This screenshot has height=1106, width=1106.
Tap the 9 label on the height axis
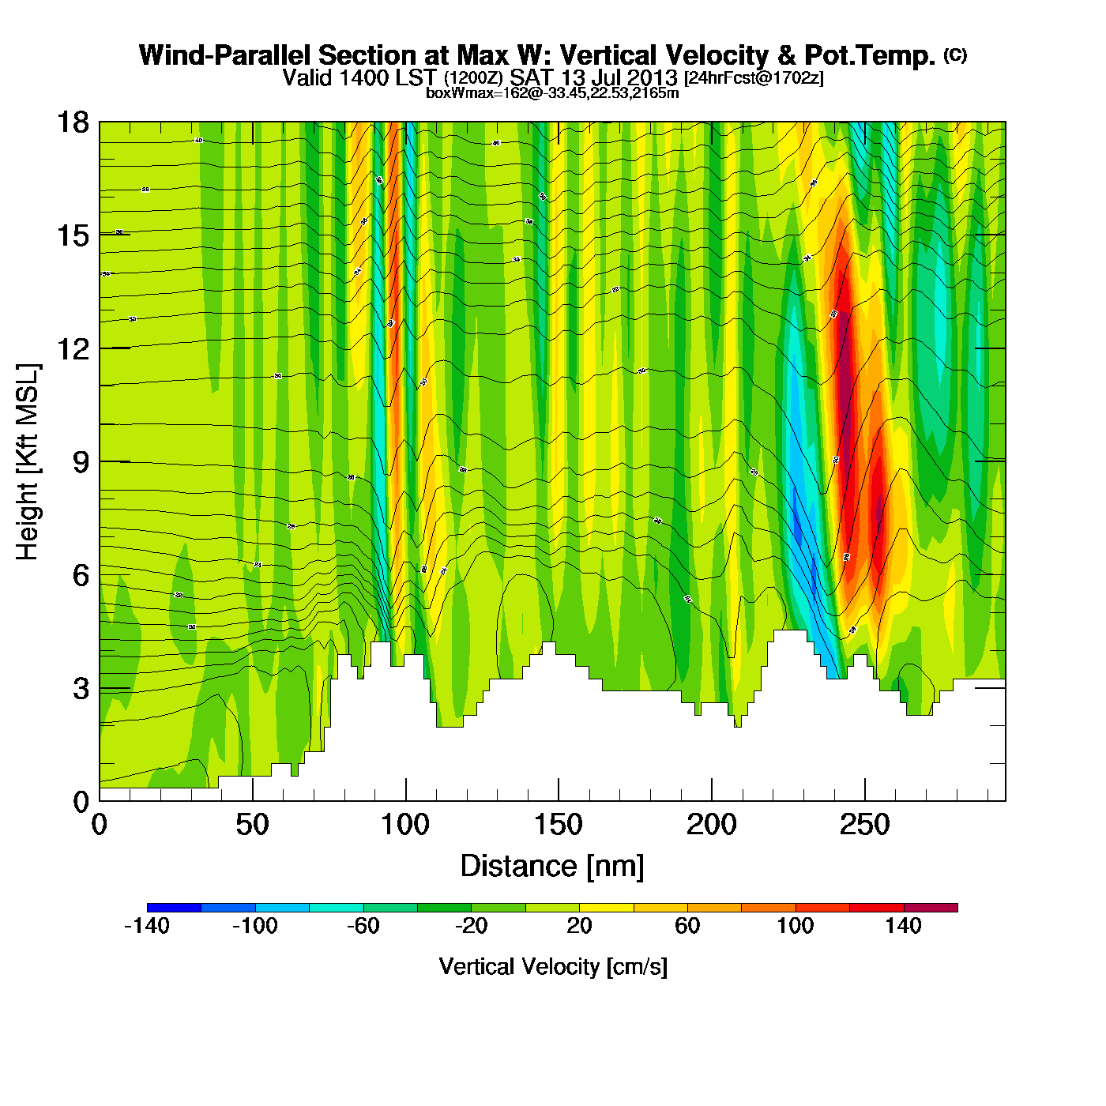pos(81,462)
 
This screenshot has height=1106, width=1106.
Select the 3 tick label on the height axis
pos(81,689)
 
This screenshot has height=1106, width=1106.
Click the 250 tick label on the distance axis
pos(864,826)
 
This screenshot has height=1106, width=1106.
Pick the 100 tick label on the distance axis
pos(405,826)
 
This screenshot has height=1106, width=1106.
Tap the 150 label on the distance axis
pos(559,826)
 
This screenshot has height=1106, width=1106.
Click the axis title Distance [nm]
pos(552,867)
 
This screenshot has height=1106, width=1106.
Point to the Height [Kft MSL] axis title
pos(28,462)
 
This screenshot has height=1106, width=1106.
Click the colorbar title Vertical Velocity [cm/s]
pos(553,967)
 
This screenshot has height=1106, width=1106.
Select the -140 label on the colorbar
pos(147,926)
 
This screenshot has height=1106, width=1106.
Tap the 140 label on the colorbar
pos(903,926)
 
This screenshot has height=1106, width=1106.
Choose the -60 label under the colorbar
pos(363,926)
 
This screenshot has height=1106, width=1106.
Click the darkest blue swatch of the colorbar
pos(174,908)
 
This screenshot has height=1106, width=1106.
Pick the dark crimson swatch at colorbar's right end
pos(931,908)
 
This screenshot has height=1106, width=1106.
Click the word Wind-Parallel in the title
pos(225,56)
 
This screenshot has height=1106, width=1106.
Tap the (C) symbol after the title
pos(955,55)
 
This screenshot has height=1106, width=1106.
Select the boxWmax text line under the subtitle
pos(552,93)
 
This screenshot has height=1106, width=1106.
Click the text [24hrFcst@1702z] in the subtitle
pos(754,78)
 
